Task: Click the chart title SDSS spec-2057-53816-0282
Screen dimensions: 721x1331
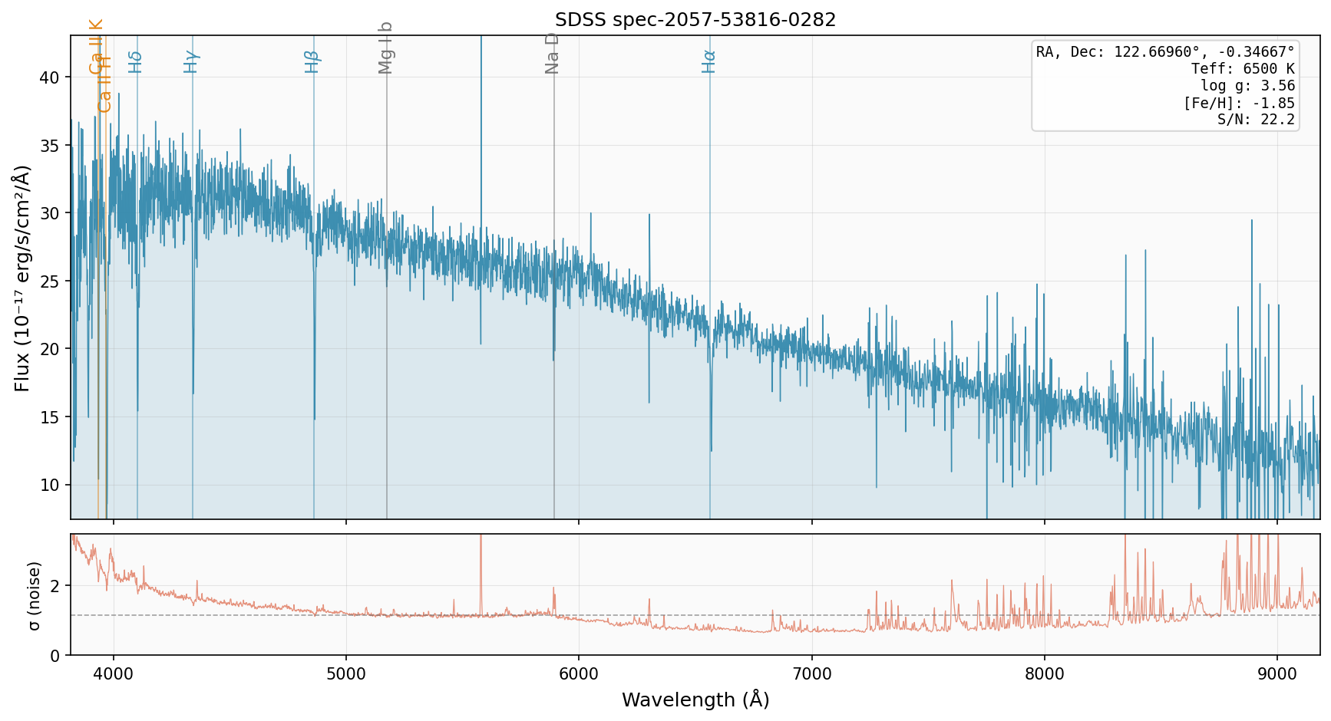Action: [x=695, y=20]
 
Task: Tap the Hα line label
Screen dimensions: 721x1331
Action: [x=709, y=61]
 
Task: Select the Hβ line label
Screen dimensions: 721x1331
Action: [x=312, y=61]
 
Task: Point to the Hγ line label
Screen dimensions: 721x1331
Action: [x=191, y=61]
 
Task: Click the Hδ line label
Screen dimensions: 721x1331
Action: [x=136, y=61]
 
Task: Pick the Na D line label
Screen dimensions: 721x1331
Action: [x=552, y=53]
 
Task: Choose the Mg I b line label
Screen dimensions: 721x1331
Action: [x=386, y=48]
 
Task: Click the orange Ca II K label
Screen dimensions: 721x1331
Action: [x=96, y=47]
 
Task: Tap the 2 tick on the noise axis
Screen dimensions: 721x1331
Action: [x=56, y=586]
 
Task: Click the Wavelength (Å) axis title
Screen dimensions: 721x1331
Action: [x=695, y=700]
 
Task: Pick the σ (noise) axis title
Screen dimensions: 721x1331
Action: [x=34, y=595]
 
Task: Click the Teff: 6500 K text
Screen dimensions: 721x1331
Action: [x=1243, y=69]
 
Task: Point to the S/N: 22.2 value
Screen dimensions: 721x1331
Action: [x=1256, y=120]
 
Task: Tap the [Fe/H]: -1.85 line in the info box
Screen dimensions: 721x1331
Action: [x=1239, y=103]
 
